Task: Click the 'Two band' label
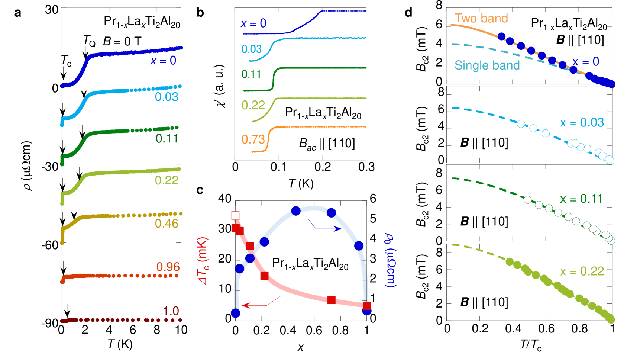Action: click(481, 18)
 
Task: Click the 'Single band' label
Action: click(487, 65)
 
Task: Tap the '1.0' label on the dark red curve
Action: click(171, 311)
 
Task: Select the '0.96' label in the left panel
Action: click(168, 267)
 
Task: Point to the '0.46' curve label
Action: click(167, 224)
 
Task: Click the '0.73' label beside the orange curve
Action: click(253, 139)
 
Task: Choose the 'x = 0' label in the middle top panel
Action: click(253, 24)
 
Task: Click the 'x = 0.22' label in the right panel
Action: click(582, 271)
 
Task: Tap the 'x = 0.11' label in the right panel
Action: click(581, 199)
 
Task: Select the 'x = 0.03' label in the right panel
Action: click(582, 123)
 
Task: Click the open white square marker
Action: click(236, 215)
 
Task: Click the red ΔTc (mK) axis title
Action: click(203, 261)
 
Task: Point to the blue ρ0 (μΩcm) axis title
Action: click(390, 260)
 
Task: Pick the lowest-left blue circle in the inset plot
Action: click(236, 313)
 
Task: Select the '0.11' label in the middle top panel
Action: click(251, 74)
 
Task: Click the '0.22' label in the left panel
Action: click(167, 180)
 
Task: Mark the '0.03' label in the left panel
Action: click(167, 97)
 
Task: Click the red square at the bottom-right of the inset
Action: click(367, 306)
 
